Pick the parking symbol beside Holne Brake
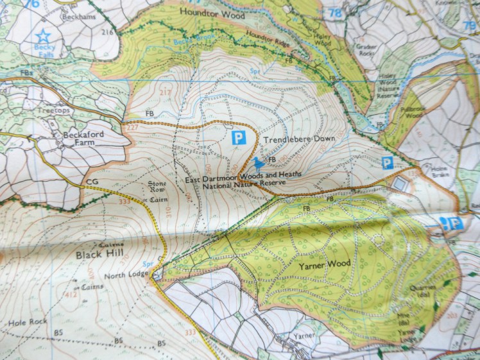387,163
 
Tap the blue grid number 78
334,12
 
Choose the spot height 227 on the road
132,126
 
